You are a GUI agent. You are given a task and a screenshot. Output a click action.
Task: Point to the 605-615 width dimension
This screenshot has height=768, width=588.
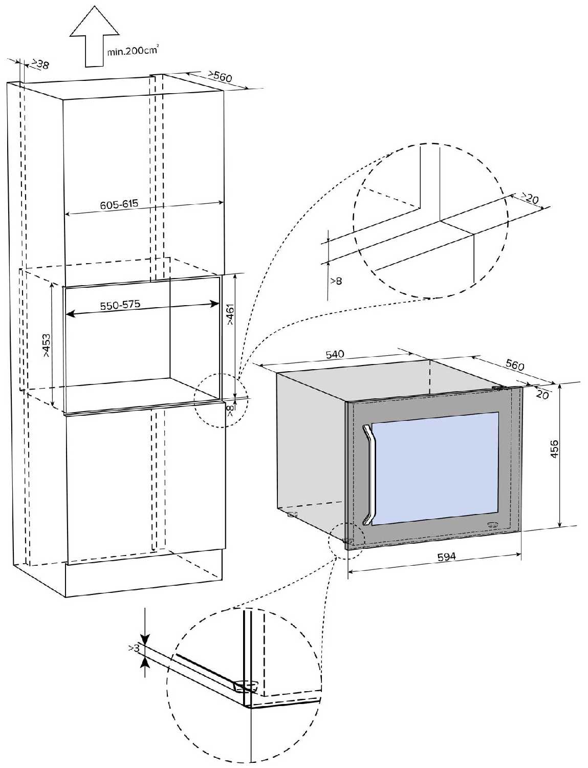(119, 204)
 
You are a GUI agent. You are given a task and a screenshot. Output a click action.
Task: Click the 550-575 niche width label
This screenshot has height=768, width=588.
(120, 305)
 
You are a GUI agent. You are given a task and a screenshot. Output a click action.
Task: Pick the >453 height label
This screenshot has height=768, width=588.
(47, 345)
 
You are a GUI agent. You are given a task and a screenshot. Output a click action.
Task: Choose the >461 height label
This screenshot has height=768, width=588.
(230, 315)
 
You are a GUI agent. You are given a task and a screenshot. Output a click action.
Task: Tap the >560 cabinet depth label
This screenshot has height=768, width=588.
(220, 76)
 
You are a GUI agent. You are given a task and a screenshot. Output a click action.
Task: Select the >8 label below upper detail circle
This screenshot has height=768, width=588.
(336, 281)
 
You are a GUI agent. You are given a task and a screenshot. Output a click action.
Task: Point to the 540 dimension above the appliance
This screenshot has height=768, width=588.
(335, 354)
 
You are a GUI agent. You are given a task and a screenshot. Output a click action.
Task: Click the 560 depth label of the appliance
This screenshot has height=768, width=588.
(514, 365)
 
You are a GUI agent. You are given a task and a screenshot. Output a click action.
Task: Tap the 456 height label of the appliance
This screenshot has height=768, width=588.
(555, 449)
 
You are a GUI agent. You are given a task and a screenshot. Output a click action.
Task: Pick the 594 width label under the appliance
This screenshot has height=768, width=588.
(446, 557)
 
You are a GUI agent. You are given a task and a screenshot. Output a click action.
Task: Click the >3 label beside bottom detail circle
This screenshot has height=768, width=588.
(134, 648)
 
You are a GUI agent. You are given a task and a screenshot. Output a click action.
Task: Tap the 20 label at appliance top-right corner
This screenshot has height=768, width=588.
(542, 395)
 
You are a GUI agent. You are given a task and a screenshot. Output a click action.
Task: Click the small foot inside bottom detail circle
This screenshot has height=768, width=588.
(245, 685)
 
